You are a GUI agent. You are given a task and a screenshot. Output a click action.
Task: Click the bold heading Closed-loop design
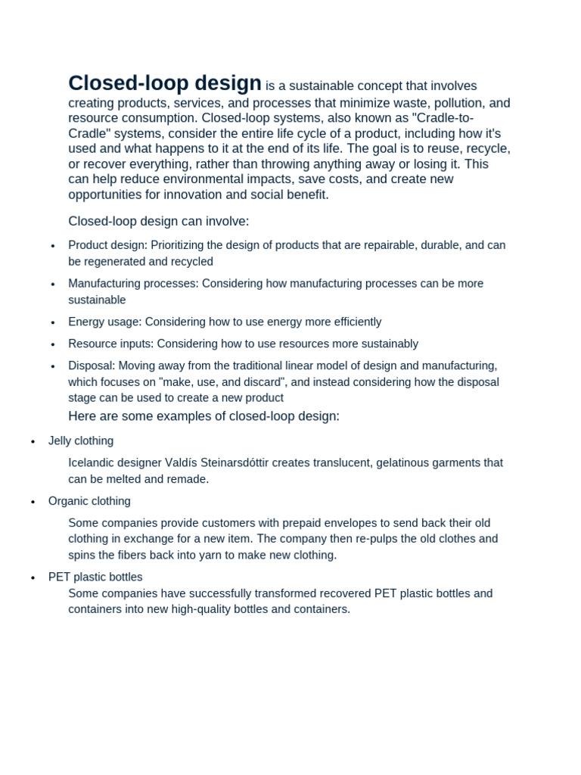click(165, 83)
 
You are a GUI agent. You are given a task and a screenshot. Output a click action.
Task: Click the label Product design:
click(107, 245)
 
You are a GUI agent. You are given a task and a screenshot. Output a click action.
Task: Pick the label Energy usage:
click(105, 322)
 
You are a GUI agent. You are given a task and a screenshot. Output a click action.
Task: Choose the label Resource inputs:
click(110, 344)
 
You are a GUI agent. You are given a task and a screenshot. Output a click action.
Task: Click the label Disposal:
click(92, 366)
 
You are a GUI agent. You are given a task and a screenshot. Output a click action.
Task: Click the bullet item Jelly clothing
click(81, 441)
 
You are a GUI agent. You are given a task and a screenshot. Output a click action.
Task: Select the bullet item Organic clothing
click(89, 501)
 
